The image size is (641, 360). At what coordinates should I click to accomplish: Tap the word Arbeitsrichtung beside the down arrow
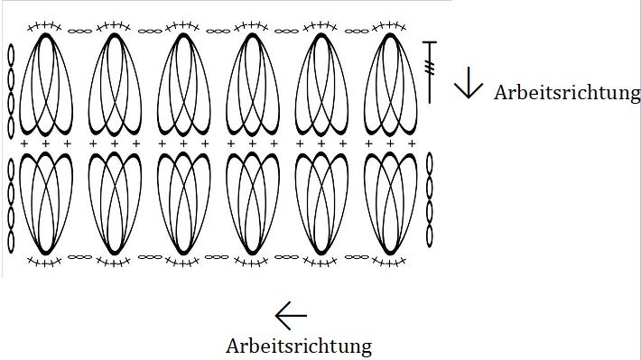[x=567, y=92]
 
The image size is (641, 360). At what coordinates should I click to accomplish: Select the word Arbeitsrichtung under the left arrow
[x=299, y=345]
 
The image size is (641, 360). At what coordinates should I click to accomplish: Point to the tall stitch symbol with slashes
[x=430, y=70]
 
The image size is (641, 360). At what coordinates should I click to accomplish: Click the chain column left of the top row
[x=11, y=90]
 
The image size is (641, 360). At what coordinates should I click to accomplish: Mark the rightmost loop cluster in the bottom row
[x=390, y=203]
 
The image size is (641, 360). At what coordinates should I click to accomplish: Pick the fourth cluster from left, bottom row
[x=252, y=203]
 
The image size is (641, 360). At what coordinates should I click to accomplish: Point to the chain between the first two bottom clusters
[x=79, y=256]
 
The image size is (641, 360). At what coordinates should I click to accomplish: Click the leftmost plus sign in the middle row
[x=23, y=143]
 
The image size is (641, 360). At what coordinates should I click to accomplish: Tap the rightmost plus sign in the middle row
[x=412, y=143]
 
